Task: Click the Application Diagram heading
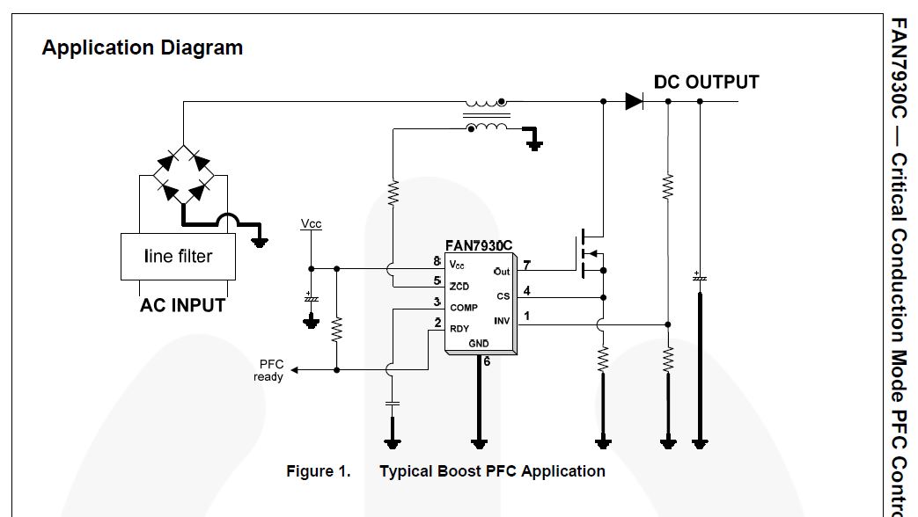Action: coord(142,47)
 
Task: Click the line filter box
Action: coord(178,257)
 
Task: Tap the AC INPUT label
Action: coord(182,306)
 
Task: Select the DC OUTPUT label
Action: coord(706,82)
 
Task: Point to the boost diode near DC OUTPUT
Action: coord(635,101)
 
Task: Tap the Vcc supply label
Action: coord(311,224)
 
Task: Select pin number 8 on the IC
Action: coord(437,262)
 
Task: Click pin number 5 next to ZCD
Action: coord(437,280)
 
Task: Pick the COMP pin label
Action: coord(464,308)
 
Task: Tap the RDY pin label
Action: coord(459,328)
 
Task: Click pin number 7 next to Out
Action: coord(526,265)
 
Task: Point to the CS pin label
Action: coord(503,296)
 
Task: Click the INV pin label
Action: coord(502,321)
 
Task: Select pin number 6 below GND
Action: coord(487,360)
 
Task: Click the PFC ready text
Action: coord(268,370)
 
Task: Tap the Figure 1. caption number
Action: coord(318,471)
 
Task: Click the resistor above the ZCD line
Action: coord(393,191)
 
